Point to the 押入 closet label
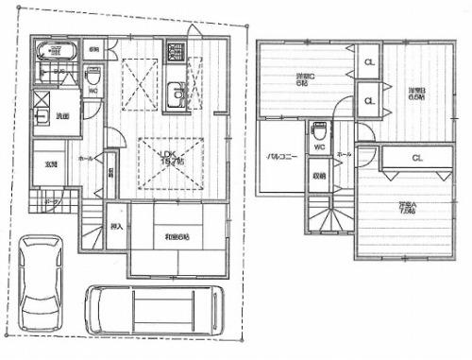(x=115, y=228)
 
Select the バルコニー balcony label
(x=282, y=156)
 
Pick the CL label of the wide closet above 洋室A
(x=416, y=159)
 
